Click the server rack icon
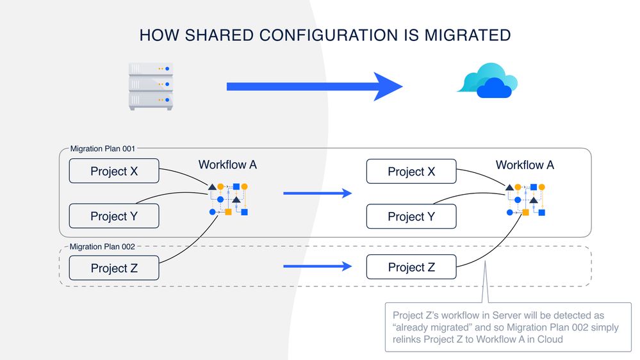[x=151, y=86]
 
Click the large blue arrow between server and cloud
[x=314, y=86]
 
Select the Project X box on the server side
[x=113, y=172]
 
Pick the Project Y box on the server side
[x=113, y=217]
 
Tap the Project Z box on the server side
[x=113, y=268]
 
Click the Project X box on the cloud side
[x=411, y=172]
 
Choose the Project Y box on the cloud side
[x=411, y=217]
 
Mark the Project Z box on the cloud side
[x=411, y=267]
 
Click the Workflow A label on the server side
[x=227, y=165]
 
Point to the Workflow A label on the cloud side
[x=525, y=165]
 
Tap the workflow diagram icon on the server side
[x=228, y=199]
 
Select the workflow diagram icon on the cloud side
[x=525, y=199]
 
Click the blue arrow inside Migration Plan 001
[x=318, y=193]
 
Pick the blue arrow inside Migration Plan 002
[x=318, y=266]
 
